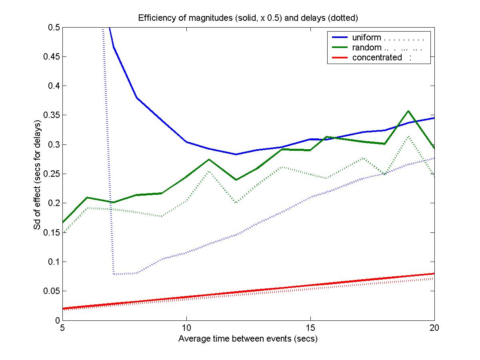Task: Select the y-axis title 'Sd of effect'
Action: click(x=38, y=174)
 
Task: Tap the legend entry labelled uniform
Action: click(x=366, y=38)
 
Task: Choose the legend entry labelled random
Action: click(x=366, y=48)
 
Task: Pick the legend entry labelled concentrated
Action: click(x=377, y=58)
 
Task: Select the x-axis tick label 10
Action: click(x=186, y=328)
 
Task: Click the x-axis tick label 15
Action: click(x=310, y=328)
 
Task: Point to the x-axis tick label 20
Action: click(x=434, y=328)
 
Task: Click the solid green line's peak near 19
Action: click(x=408, y=111)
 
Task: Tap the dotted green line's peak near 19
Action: click(x=408, y=136)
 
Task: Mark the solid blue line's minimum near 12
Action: click(x=236, y=154)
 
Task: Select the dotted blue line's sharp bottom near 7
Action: click(x=114, y=274)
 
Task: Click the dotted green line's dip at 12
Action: click(x=236, y=203)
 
